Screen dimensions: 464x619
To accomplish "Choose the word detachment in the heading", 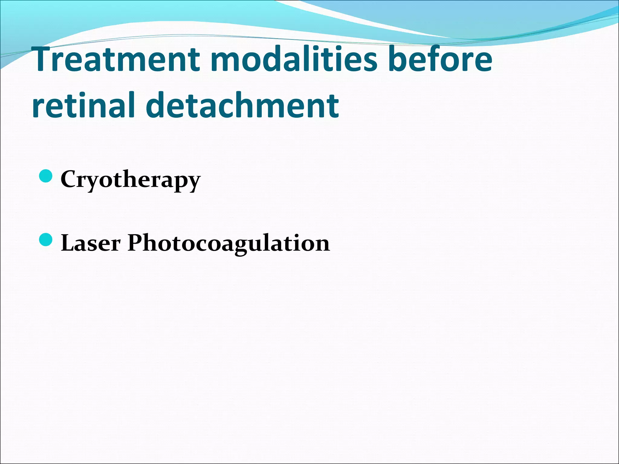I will (242, 105).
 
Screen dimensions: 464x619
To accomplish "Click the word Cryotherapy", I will (130, 179).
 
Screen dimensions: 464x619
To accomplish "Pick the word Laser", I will (91, 243).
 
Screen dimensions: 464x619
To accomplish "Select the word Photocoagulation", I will (228, 243).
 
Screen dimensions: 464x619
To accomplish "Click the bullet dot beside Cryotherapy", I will (46, 176).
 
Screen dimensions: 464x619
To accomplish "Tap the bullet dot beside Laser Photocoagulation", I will (46, 240).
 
